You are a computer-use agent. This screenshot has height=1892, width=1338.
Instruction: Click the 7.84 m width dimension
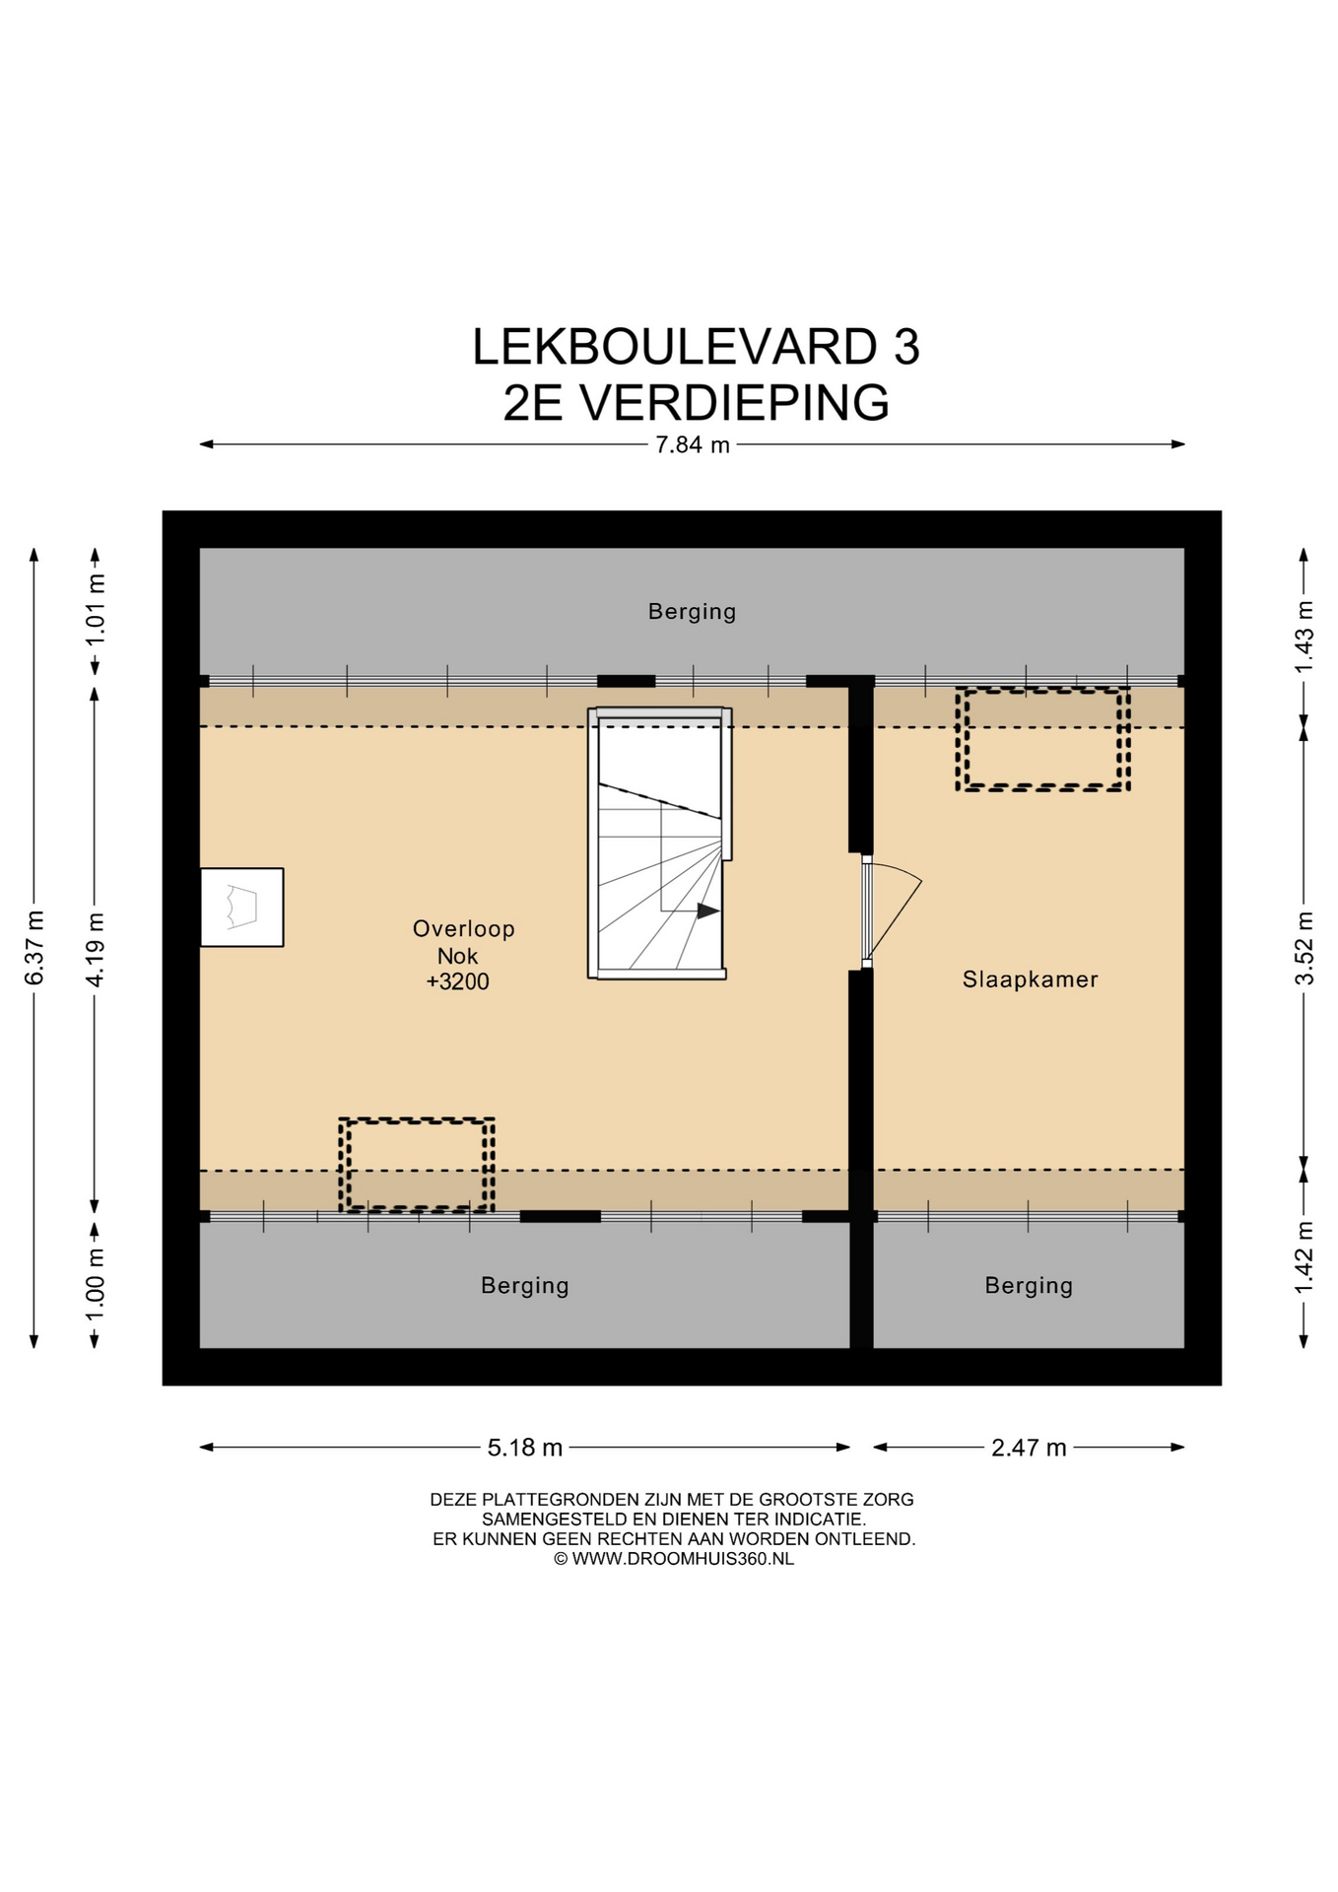tap(693, 444)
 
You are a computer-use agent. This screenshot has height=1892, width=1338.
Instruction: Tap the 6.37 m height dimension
tap(34, 947)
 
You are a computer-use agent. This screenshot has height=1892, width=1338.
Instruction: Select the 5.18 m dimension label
tap(525, 1448)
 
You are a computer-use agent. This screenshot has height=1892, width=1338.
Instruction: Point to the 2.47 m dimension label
tap(1029, 1448)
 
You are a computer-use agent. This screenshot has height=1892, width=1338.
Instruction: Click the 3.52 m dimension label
tap(1305, 947)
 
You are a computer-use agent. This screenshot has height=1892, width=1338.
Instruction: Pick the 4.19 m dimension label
tap(96, 949)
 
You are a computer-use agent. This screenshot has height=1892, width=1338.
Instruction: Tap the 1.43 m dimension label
tap(1305, 637)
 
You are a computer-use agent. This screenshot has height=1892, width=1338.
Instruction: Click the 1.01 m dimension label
tap(96, 610)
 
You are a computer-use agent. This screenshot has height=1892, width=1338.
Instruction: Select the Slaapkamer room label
tap(1030, 980)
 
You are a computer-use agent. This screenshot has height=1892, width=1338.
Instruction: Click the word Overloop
tap(463, 928)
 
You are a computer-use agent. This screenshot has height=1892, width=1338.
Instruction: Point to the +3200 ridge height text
tap(457, 981)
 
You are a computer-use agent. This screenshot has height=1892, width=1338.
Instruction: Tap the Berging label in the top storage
tap(692, 612)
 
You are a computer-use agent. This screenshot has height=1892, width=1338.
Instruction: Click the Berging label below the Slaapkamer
tap(1029, 1286)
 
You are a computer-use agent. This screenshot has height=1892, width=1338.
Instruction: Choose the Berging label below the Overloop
tap(525, 1286)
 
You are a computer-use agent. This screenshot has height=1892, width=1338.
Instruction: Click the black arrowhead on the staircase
tap(707, 911)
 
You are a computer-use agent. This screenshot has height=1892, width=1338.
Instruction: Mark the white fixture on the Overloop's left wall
tap(241, 908)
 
